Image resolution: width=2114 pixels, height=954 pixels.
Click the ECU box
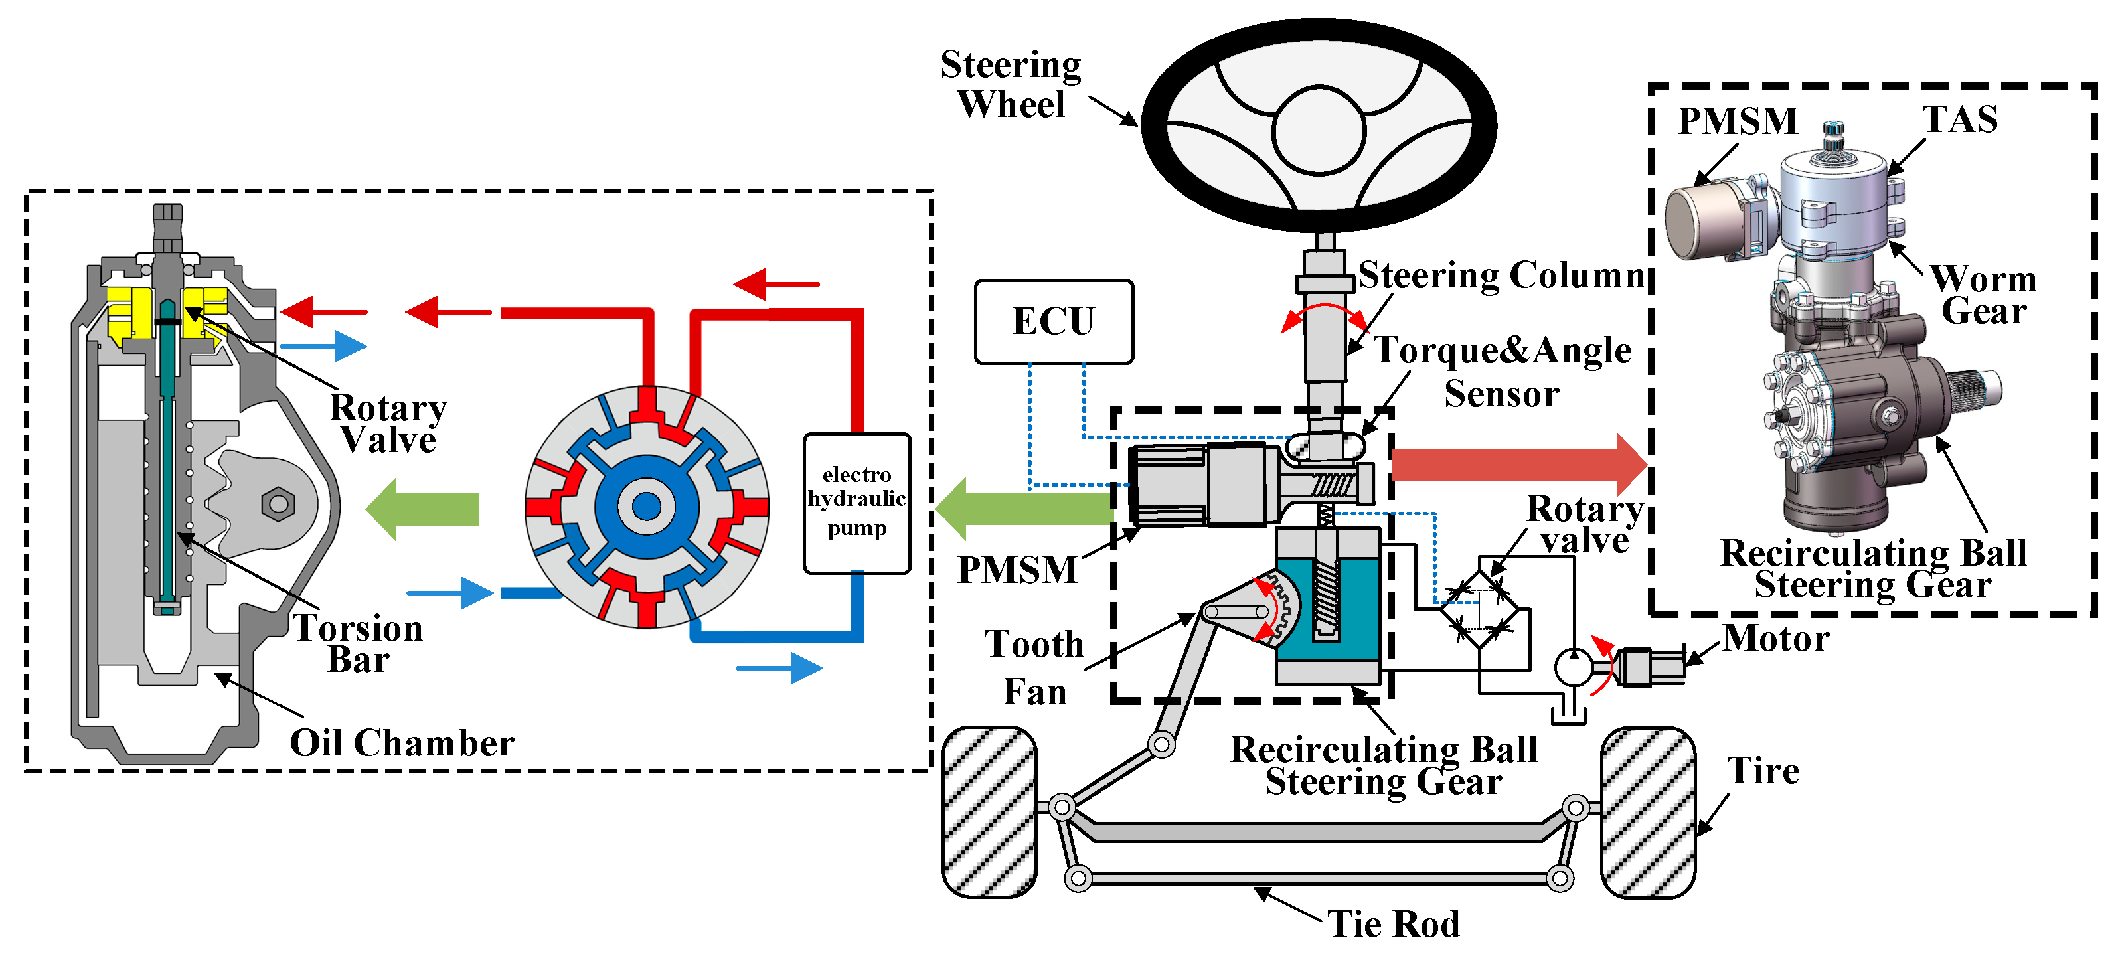tap(1053, 321)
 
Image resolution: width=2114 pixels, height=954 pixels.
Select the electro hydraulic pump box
tap(856, 503)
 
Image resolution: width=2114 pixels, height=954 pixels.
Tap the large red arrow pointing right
tap(1518, 464)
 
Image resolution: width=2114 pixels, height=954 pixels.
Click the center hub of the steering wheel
tap(1318, 129)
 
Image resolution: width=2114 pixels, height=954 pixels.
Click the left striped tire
tap(989, 811)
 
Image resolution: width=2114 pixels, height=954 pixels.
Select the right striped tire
tap(1648, 812)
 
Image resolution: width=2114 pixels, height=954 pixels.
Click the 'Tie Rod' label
tap(1394, 923)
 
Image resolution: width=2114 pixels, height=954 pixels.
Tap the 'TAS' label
tap(1960, 119)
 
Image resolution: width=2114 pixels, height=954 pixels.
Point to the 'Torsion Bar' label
tap(358, 644)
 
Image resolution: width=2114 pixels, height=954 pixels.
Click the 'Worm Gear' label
tap(1983, 295)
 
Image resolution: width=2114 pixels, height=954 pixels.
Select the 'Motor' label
tap(1776, 638)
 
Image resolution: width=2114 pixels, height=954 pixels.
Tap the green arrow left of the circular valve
tap(423, 509)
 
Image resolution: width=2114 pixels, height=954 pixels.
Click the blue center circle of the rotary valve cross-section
tap(646, 506)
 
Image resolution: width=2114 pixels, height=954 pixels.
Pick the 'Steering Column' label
tap(1501, 275)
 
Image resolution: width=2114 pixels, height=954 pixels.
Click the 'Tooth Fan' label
tap(1034, 668)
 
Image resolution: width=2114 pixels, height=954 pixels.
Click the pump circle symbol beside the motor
tap(1573, 668)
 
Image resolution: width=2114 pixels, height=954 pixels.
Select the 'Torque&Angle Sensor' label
tap(1502, 372)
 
